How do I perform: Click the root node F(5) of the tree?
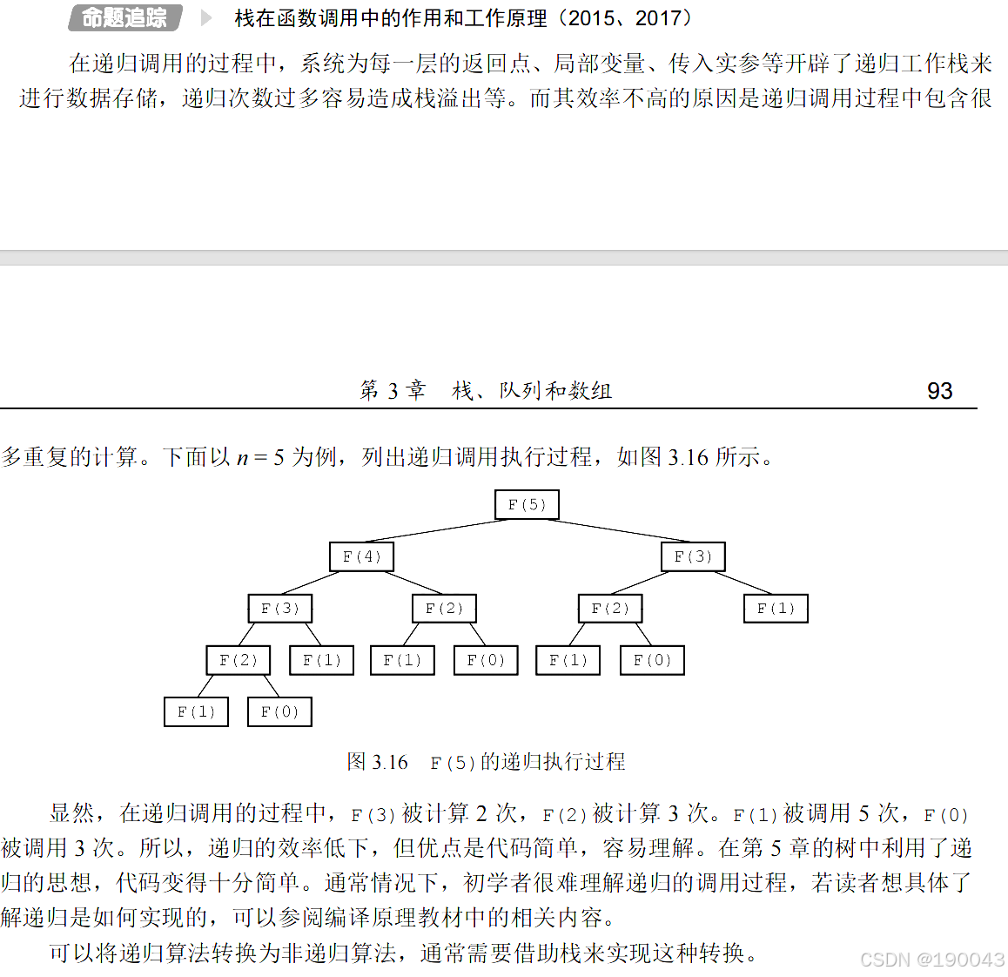[527, 505]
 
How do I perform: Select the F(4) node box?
[361, 556]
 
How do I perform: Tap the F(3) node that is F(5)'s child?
[693, 556]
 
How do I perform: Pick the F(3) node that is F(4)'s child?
[279, 609]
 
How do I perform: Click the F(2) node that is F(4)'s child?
[444, 609]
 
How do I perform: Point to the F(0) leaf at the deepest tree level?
[279, 712]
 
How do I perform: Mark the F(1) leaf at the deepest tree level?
[196, 712]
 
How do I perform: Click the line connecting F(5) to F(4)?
[435, 531]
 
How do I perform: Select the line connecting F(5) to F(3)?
[618, 531]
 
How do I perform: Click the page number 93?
[939, 391]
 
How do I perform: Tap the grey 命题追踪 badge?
[124, 17]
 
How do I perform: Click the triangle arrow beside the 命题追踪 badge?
[206, 17]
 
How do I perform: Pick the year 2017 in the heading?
[658, 18]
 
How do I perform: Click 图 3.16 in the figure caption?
[377, 762]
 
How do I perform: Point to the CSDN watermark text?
[931, 960]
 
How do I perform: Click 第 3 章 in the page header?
[393, 391]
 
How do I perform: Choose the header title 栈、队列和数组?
[531, 391]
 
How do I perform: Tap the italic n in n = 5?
[242, 458]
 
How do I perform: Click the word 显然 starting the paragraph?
[71, 813]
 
